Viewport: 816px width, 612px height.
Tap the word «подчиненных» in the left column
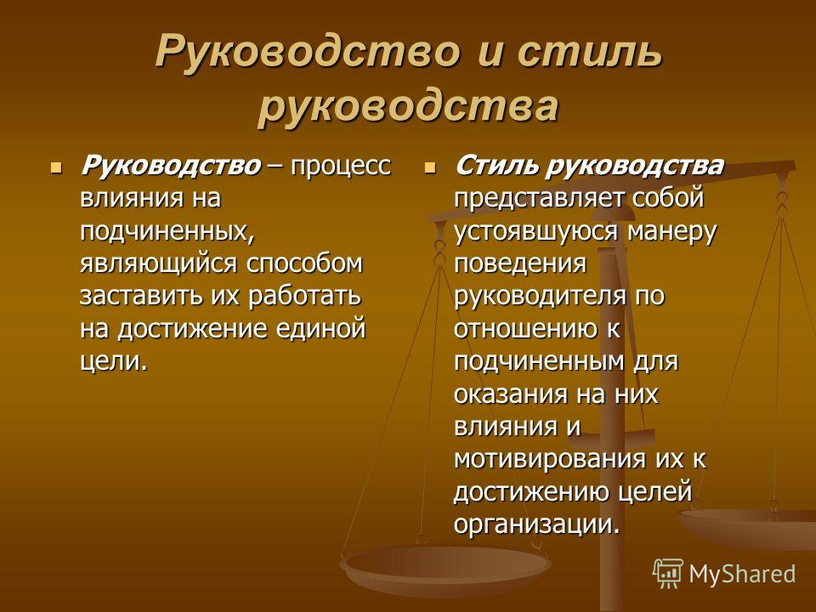(x=167, y=230)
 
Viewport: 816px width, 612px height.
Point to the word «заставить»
(x=142, y=296)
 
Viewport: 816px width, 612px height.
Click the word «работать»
(x=304, y=296)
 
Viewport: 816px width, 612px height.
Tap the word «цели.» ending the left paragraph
(x=114, y=362)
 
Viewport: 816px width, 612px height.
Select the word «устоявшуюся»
(x=536, y=231)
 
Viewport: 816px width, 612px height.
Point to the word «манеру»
(x=671, y=231)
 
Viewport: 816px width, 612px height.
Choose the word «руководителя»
(x=540, y=296)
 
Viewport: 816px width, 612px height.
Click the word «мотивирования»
(x=551, y=460)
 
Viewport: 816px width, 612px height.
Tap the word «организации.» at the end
(x=537, y=524)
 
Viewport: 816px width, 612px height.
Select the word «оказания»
(x=511, y=394)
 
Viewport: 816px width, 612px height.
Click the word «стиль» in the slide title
(x=591, y=52)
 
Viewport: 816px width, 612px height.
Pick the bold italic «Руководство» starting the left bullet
(x=171, y=166)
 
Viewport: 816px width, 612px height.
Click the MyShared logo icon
(x=668, y=574)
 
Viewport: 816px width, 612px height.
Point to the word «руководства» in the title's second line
(x=408, y=107)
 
